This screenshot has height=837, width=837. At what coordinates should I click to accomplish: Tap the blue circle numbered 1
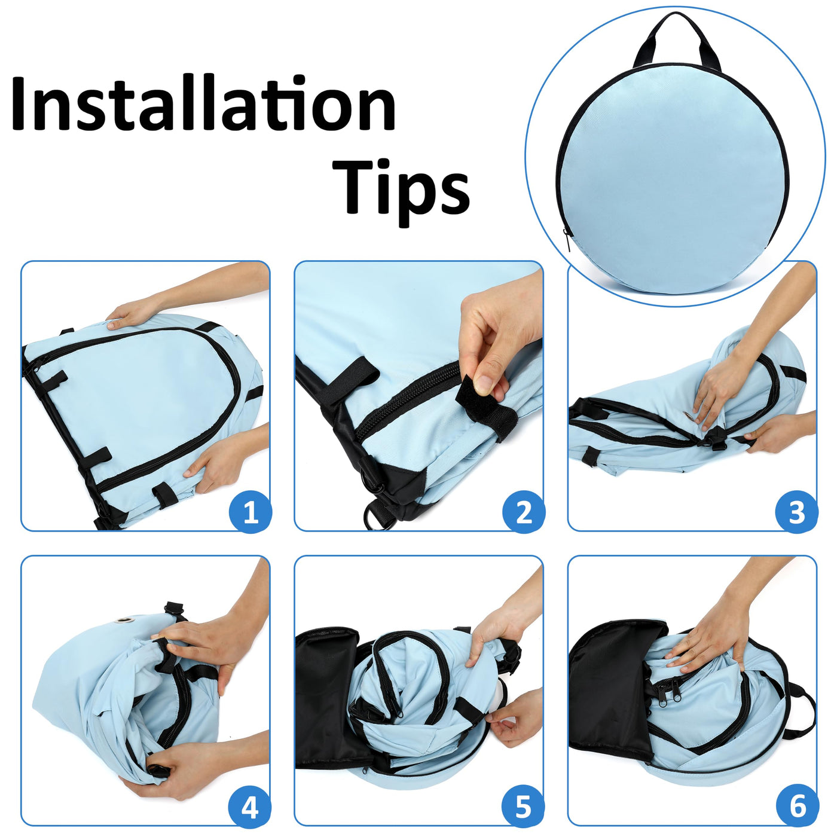tap(250, 511)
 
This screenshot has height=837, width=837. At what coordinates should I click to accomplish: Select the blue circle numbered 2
tap(523, 511)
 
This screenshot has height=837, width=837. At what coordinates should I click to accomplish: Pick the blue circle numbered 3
tap(796, 511)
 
